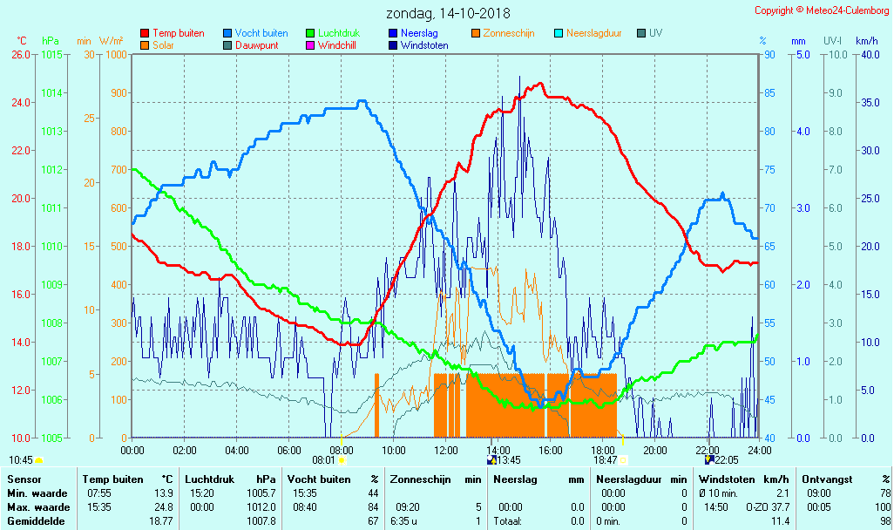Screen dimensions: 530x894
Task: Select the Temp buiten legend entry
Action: point(178,33)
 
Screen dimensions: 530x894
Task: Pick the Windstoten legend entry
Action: point(424,45)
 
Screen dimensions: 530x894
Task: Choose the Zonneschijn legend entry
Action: point(508,33)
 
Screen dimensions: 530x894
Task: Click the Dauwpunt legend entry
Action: point(257,45)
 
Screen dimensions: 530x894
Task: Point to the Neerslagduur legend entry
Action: point(593,33)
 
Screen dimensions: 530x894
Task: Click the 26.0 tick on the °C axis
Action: point(20,54)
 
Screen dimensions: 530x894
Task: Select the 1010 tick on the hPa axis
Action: point(51,246)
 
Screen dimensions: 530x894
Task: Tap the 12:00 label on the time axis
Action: point(446,450)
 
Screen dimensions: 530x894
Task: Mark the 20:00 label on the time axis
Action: point(655,450)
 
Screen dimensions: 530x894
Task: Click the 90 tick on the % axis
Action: point(769,54)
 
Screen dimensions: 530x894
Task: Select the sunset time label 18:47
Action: point(606,460)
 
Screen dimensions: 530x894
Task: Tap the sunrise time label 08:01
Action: point(323,460)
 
